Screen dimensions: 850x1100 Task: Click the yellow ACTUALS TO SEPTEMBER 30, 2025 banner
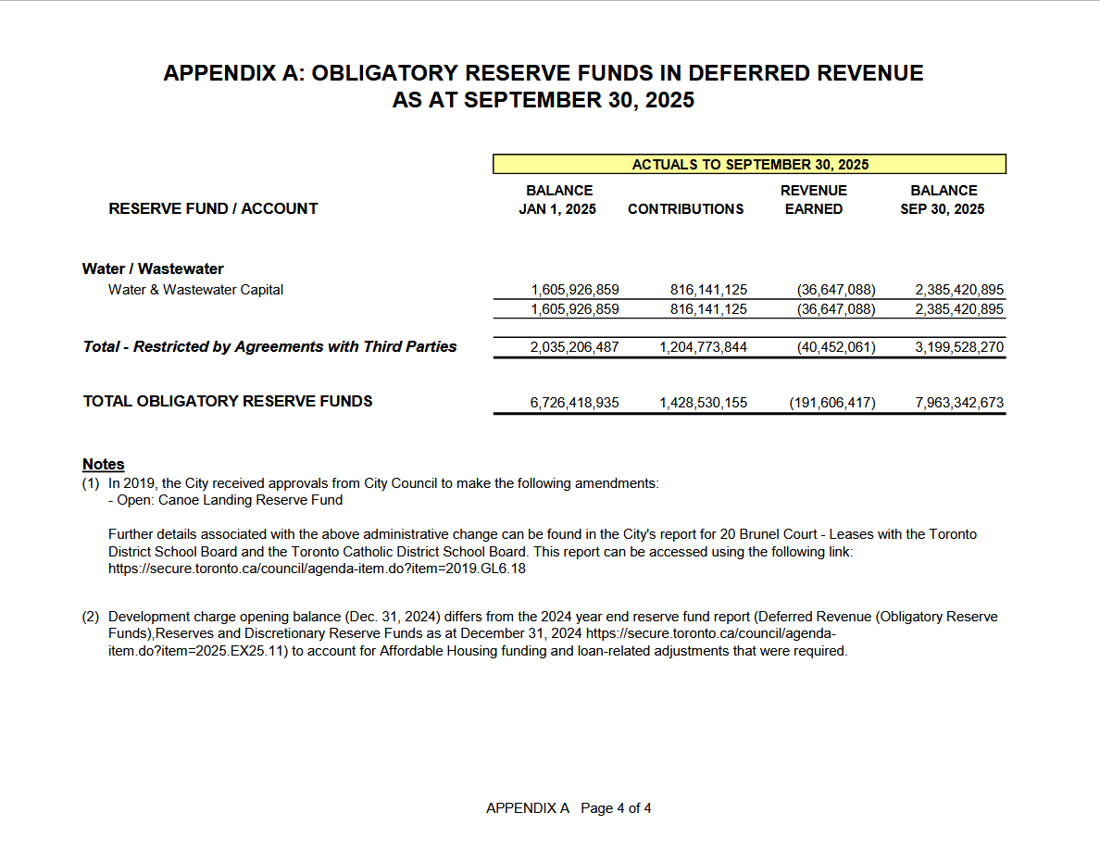point(749,165)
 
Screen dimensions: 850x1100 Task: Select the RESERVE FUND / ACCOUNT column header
point(213,208)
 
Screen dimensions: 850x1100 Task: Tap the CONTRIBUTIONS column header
point(685,209)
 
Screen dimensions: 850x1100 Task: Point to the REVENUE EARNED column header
point(813,199)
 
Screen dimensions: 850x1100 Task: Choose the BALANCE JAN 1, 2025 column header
point(558,199)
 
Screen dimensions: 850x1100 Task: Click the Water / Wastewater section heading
point(153,269)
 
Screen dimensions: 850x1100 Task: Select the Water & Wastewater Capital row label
point(195,290)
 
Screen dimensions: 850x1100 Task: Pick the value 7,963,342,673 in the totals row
point(959,404)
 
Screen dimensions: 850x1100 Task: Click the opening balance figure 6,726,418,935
point(575,404)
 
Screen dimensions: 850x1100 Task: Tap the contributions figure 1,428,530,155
point(703,404)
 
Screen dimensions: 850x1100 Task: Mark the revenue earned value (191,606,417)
point(831,404)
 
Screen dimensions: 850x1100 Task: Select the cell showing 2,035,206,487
point(575,348)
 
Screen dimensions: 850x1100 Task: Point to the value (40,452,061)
point(835,348)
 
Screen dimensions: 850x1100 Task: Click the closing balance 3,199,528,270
point(959,348)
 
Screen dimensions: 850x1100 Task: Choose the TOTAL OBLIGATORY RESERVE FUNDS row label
point(228,402)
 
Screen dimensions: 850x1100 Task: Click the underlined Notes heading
point(103,464)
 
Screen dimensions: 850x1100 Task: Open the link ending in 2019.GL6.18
point(317,569)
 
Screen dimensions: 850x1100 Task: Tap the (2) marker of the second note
point(91,617)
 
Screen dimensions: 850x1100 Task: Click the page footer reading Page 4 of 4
point(616,808)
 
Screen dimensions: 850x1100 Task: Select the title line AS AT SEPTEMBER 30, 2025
point(543,100)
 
